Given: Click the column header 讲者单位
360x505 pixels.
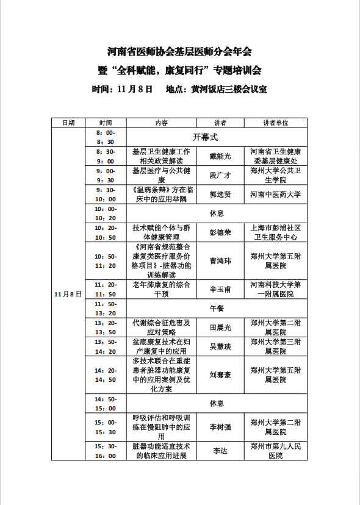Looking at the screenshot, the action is [276, 123].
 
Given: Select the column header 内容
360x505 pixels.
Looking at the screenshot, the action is [162, 123].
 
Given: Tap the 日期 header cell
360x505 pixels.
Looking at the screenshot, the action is [68, 123].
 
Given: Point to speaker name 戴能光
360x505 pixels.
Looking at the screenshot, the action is [220, 156].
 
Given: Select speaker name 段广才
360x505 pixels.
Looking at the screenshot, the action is [220, 176].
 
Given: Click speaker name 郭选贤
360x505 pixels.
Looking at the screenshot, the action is [220, 195].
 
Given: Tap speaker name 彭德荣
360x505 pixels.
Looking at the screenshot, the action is [220, 232].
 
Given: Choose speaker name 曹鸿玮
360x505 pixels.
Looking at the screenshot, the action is [220, 260].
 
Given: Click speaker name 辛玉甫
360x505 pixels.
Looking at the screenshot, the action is [220, 289].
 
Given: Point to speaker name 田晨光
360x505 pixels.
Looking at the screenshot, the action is [220, 328].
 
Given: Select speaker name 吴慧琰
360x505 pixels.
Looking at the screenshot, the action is [220, 346].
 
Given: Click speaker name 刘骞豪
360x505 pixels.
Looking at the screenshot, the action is [220, 374].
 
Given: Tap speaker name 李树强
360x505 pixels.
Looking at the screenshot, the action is [220, 427].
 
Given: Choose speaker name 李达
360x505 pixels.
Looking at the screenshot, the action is [220, 451].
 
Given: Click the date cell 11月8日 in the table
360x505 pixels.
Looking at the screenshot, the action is [68, 294].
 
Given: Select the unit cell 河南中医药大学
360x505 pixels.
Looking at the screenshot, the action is [276, 195].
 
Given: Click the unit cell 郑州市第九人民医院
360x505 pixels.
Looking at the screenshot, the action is [276, 451].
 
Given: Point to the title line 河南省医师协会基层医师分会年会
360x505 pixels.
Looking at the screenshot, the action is [179, 51].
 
